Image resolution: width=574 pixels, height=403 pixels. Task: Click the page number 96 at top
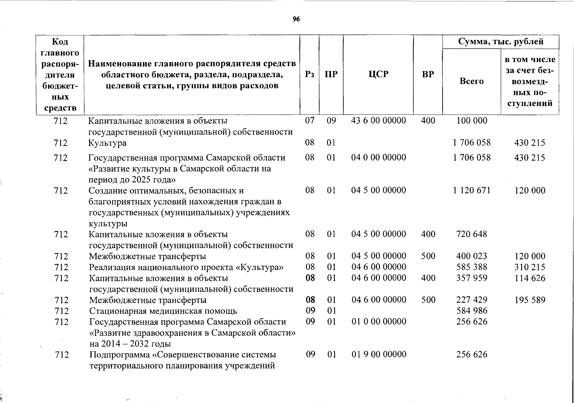[296, 19]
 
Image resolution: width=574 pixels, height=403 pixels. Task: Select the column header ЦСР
[378, 74]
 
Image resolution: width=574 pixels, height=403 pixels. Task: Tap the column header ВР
[428, 74]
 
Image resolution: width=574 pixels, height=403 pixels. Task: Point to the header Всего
[471, 81]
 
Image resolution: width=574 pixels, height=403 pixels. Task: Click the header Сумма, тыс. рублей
[501, 42]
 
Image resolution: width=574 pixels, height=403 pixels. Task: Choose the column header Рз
[309, 74]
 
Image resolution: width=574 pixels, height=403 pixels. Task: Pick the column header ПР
[331, 74]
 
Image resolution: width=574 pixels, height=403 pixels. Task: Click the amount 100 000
[471, 121]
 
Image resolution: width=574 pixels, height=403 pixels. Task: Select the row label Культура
[107, 143]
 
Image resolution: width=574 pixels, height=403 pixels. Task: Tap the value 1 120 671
[471, 190]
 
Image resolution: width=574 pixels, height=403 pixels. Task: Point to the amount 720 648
[471, 234]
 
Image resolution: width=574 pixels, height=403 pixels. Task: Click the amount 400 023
[471, 256]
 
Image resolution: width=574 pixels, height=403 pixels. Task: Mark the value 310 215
[530, 267]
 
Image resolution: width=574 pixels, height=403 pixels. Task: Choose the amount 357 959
[471, 278]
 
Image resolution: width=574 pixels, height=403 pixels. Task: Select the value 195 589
[530, 300]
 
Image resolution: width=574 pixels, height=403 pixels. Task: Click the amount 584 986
[471, 311]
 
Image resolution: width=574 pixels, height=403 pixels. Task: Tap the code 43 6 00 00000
[378, 121]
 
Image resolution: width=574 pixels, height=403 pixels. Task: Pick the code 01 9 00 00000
[379, 354]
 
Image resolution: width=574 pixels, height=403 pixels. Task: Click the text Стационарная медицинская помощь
[163, 311]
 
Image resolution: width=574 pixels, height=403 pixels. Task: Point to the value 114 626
[530, 278]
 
